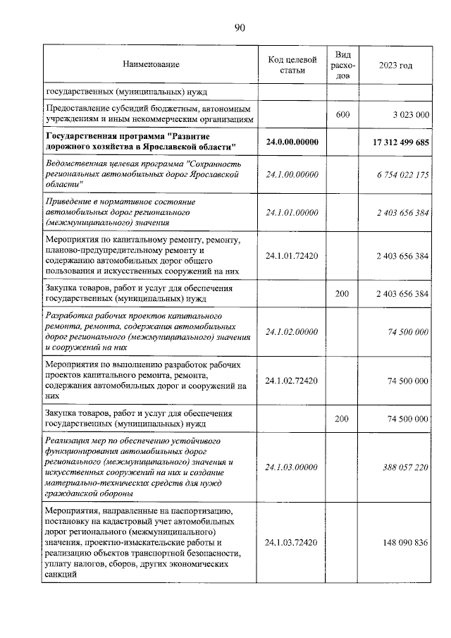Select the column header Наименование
point(151,65)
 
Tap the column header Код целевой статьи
point(292,65)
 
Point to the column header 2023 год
point(395,65)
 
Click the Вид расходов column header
point(342,65)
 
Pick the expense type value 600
point(342,114)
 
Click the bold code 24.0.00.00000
point(292,142)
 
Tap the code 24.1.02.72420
point(292,381)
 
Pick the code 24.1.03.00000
point(292,467)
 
